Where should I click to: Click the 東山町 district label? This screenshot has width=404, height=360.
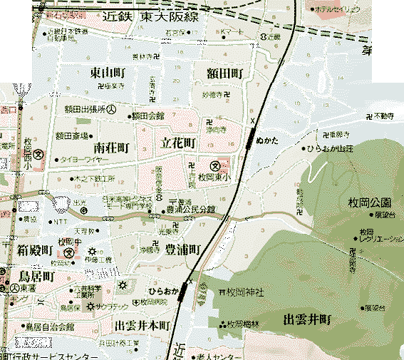coord(107,73)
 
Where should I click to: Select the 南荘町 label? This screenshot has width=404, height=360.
coord(115,148)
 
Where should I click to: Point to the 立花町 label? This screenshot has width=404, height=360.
coord(179,143)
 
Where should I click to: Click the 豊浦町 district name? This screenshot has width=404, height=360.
coord(183,249)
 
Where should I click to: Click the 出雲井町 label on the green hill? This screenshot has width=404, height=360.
coord(310,318)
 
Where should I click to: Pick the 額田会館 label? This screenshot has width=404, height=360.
coord(149,115)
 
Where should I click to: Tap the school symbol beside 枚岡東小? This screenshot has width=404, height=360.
coord(214,163)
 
